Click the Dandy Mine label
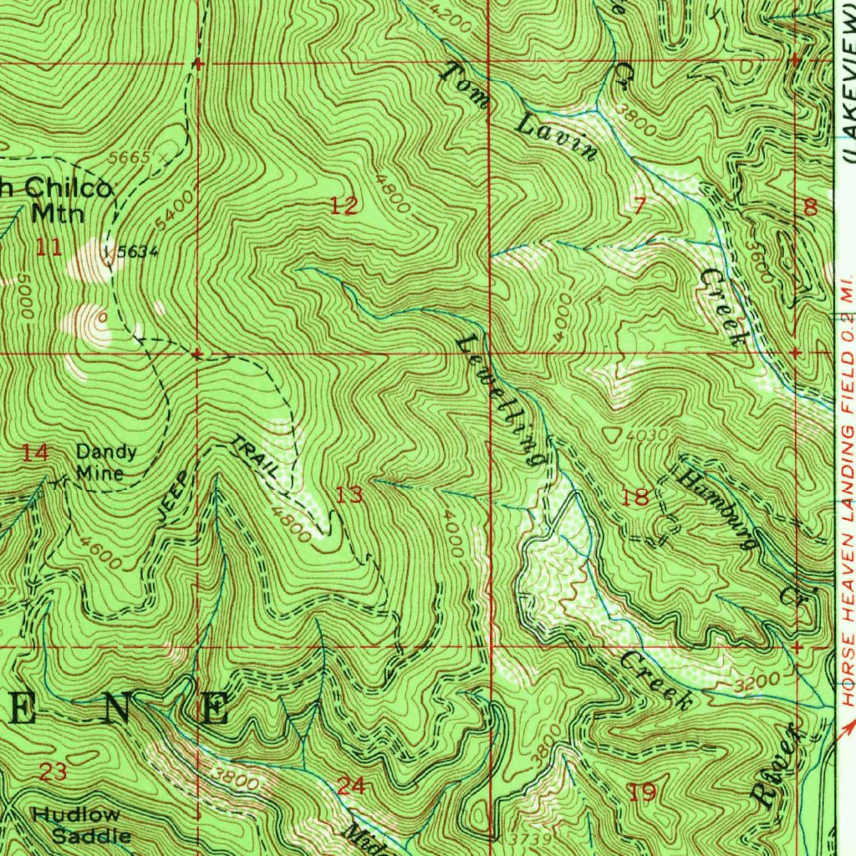click(x=106, y=462)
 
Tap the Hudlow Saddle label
click(x=82, y=824)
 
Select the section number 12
click(x=344, y=206)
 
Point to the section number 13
click(x=349, y=496)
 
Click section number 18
click(x=635, y=498)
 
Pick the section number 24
click(x=351, y=785)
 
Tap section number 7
click(x=639, y=206)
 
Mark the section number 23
click(x=53, y=772)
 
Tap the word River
click(x=777, y=765)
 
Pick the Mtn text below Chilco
click(x=58, y=212)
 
